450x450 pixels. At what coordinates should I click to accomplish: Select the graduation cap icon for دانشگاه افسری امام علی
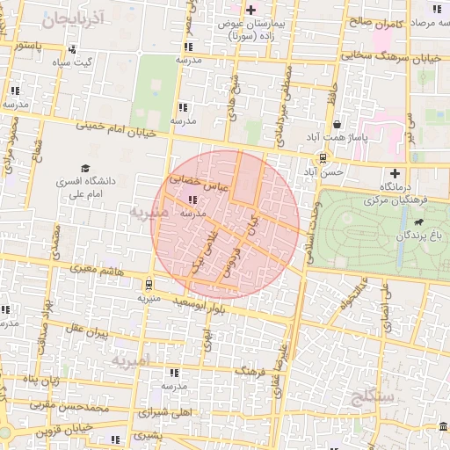[x=85, y=168]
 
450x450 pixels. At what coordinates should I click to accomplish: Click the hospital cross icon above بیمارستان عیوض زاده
[x=251, y=11]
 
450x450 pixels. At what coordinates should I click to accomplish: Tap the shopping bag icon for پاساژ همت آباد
[x=337, y=124]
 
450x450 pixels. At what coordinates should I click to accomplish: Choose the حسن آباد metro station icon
[x=323, y=159]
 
